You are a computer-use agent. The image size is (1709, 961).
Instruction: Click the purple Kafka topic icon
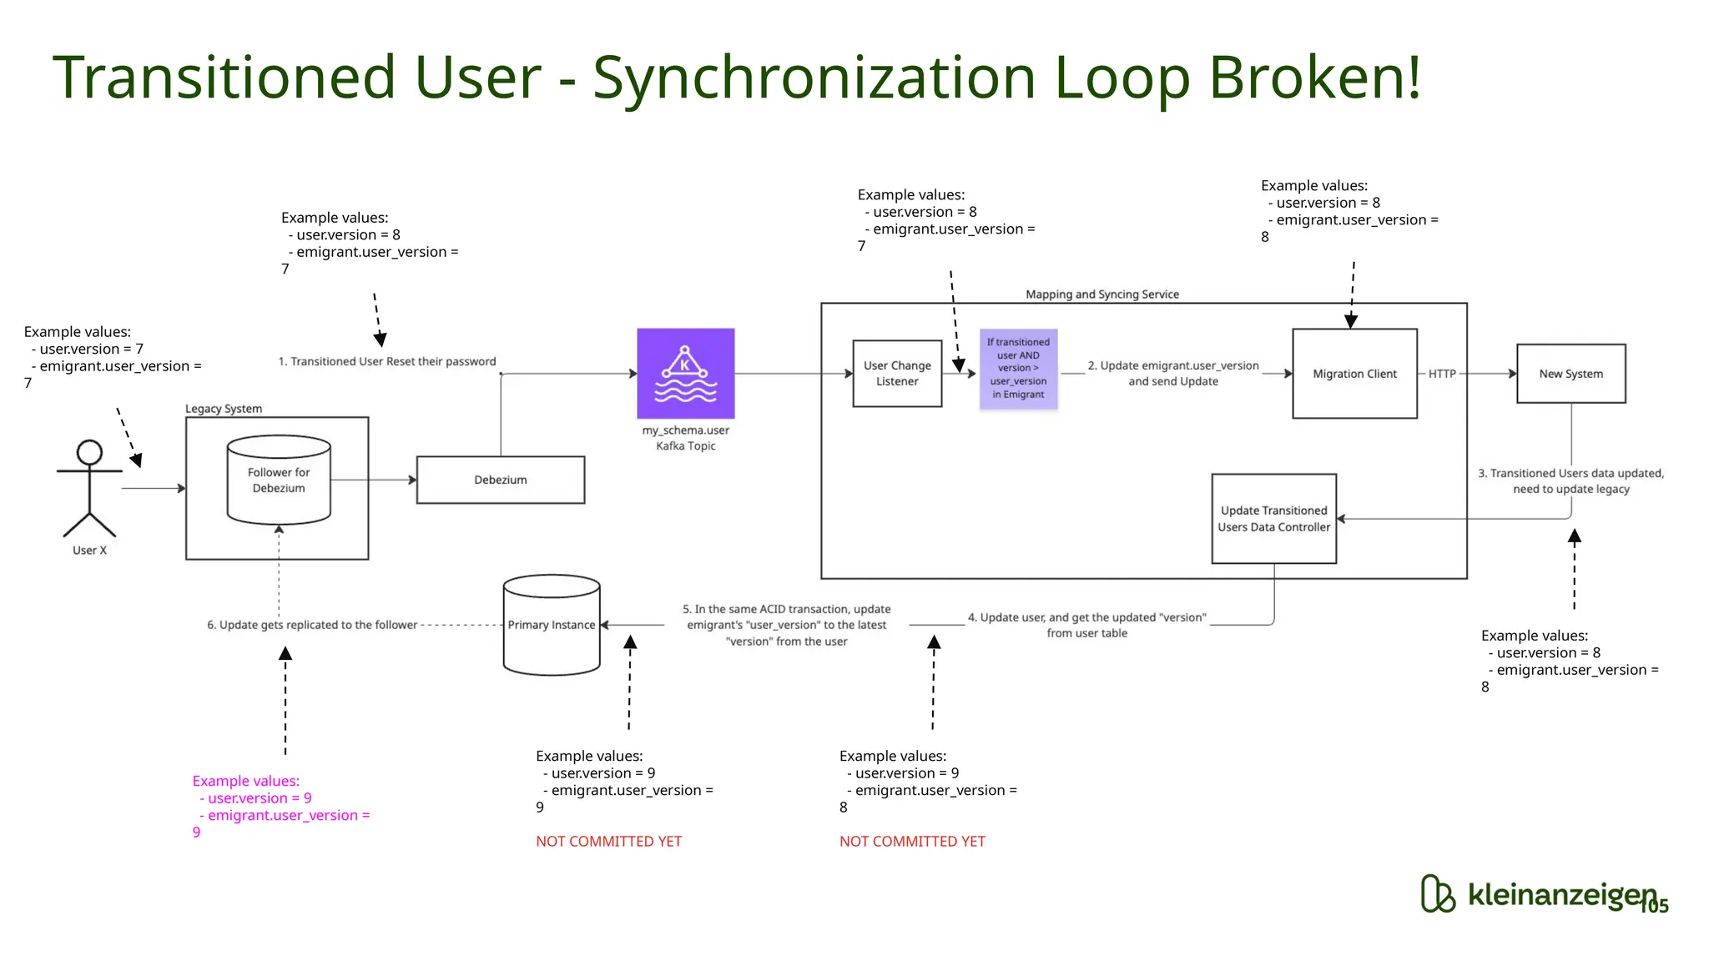[x=685, y=373]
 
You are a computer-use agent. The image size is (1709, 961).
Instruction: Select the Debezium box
[x=500, y=480]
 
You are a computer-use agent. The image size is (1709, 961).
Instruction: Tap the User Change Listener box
[x=897, y=373]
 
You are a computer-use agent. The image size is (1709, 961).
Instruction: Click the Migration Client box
[x=1354, y=373]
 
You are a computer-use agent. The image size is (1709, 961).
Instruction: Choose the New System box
[x=1570, y=373]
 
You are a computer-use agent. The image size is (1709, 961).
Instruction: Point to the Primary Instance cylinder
[x=552, y=625]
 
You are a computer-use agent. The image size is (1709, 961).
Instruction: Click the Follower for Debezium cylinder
[x=279, y=480]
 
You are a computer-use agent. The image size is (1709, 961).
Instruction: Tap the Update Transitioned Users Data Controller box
[x=1273, y=518]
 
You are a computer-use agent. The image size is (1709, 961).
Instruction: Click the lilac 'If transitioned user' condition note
[x=1018, y=368]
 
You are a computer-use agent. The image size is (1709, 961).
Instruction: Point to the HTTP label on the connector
[x=1441, y=374]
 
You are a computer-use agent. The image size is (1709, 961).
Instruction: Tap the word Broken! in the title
[x=1313, y=77]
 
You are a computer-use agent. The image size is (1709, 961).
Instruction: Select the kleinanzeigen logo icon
[x=1437, y=893]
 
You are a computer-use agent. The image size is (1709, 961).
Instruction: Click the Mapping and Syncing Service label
[x=1102, y=294]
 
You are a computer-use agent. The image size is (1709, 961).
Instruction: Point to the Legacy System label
[x=223, y=409]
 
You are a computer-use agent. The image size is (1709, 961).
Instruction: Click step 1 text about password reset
[x=386, y=361]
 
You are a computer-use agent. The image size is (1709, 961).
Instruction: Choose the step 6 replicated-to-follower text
[x=311, y=625]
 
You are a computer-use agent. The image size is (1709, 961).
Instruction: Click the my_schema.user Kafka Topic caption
[x=685, y=438]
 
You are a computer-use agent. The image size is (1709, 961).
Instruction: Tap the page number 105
[x=1654, y=906]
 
